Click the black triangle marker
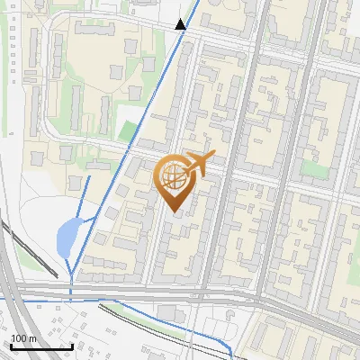[x=181, y=24]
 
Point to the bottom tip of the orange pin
[x=173, y=212]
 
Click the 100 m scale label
[x=23, y=338]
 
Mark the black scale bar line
[x=41, y=346]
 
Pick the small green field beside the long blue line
[x=129, y=131]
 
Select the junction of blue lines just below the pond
[x=72, y=274]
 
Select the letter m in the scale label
[x=31, y=338]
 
